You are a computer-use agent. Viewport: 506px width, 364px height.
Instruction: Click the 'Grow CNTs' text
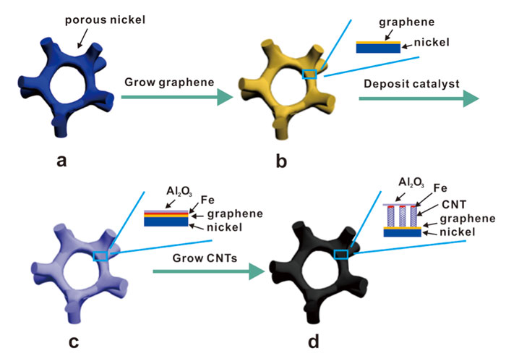(202, 258)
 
